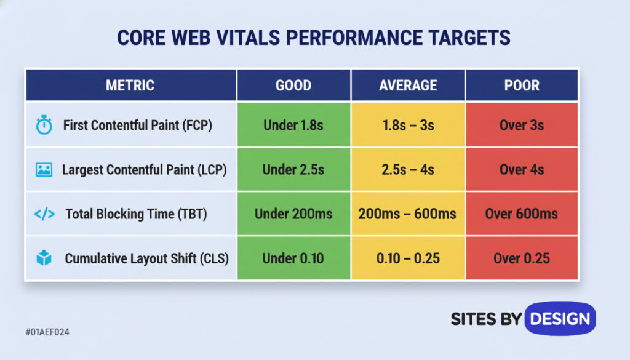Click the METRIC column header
coord(130,85)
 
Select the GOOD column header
coord(293,85)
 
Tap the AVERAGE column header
coord(407,85)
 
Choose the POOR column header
coord(522,85)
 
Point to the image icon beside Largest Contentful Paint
coord(44,170)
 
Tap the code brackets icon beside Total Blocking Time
coord(44,214)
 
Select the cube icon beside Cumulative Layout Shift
coord(44,258)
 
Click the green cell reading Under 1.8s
coord(293,126)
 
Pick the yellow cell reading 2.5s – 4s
coord(407,170)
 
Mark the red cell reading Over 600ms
coord(522,214)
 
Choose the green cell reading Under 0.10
coord(293,258)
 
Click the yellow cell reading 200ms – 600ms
coord(407,214)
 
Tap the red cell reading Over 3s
coord(522,126)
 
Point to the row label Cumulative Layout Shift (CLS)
coord(146,258)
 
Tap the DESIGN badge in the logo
coord(560,318)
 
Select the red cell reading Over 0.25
coord(522,258)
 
